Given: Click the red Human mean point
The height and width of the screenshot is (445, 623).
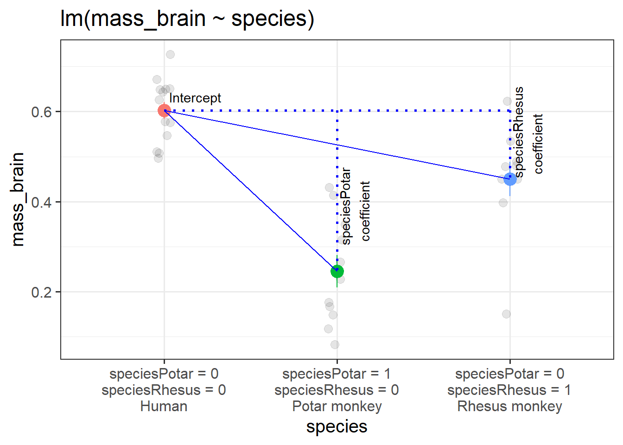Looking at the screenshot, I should (164, 111).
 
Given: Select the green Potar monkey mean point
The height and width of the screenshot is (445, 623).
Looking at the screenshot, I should (337, 271).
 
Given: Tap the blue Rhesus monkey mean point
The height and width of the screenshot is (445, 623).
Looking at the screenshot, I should (510, 179).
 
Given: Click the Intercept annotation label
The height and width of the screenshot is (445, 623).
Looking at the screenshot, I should (195, 98).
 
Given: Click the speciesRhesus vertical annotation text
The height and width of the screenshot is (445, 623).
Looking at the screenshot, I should (519, 132).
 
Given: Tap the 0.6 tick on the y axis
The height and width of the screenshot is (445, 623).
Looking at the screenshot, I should (41, 112).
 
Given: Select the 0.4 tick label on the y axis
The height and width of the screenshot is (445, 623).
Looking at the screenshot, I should (41, 202).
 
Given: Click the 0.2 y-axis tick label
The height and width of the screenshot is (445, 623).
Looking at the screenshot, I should (41, 292).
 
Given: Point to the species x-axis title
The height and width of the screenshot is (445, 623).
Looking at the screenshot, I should (337, 426).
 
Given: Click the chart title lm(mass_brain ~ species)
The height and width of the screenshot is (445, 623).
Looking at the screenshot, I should (187, 19).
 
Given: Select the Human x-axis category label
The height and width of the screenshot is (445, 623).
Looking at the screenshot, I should (164, 407).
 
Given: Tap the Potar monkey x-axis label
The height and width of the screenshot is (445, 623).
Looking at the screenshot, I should (337, 407).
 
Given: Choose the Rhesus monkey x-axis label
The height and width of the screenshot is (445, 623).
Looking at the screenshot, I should (509, 407).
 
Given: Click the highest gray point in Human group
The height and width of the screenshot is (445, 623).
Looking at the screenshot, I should (170, 55).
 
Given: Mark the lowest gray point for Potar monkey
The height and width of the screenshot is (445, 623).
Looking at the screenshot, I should (335, 344).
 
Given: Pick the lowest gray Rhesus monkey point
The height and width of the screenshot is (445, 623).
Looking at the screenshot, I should (506, 314).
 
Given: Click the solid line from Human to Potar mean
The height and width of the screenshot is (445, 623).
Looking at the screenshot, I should (250, 191).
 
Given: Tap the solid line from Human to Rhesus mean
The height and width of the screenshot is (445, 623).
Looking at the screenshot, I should (337, 145).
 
